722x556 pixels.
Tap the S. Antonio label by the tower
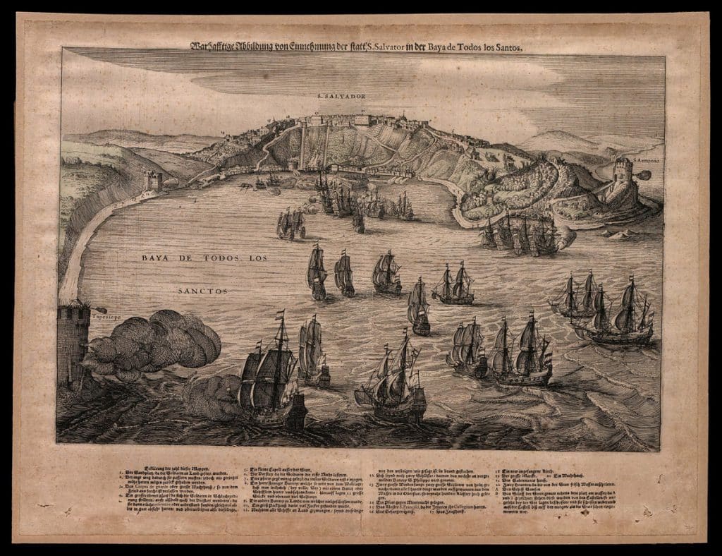click(645, 161)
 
